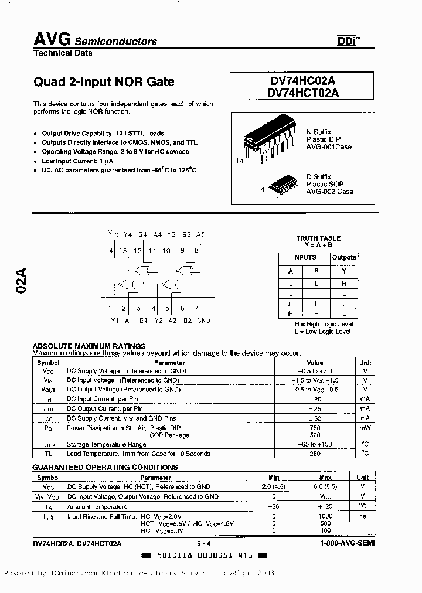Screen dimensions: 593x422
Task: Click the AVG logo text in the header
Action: point(52,39)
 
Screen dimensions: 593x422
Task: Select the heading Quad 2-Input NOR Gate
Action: point(104,82)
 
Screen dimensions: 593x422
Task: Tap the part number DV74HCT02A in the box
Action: point(302,92)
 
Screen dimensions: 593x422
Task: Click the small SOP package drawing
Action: point(284,186)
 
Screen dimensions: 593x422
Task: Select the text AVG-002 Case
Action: point(330,192)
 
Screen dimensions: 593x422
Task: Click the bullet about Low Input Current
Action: point(77,161)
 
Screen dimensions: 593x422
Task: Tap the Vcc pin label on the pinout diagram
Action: point(114,234)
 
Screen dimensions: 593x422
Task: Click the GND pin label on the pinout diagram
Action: point(203,321)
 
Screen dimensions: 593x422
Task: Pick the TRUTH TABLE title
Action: point(318,238)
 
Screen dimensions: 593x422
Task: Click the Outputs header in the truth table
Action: point(344,257)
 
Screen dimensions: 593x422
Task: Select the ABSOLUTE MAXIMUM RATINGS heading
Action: point(89,346)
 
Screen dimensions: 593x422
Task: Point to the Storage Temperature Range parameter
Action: point(106,445)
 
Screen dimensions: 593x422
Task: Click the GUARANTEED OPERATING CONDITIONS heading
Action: point(105,468)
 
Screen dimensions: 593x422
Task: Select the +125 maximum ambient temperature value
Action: point(325,506)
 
